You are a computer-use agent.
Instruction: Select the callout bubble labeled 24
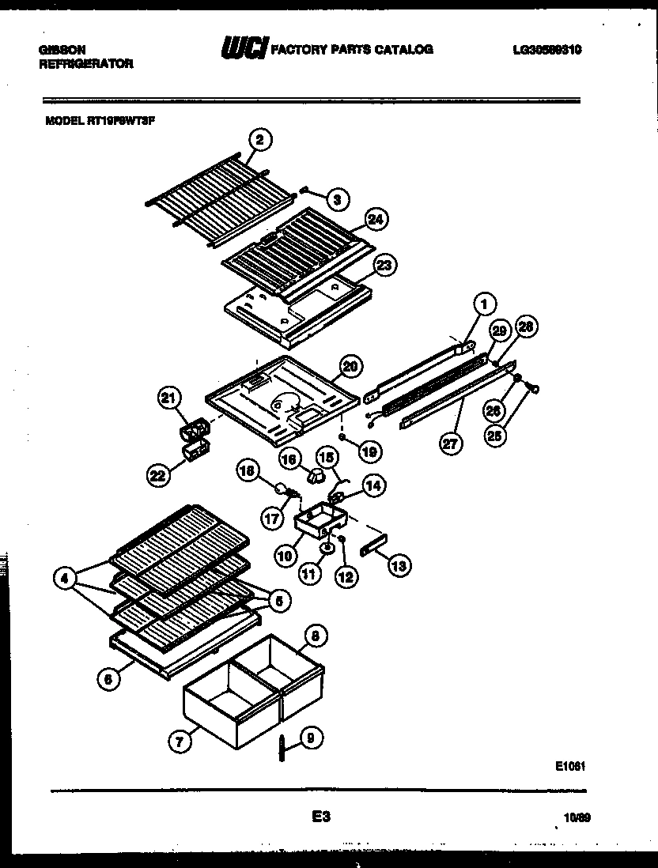pos(376,221)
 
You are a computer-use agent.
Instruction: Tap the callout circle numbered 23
pos(386,266)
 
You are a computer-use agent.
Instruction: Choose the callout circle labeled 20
pos(351,365)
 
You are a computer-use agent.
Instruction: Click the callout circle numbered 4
pos(67,578)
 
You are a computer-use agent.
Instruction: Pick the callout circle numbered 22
pos(161,475)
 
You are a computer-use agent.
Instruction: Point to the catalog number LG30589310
pos(547,50)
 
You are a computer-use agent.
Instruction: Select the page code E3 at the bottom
pos(320,820)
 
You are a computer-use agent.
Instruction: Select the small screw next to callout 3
pos(304,190)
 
